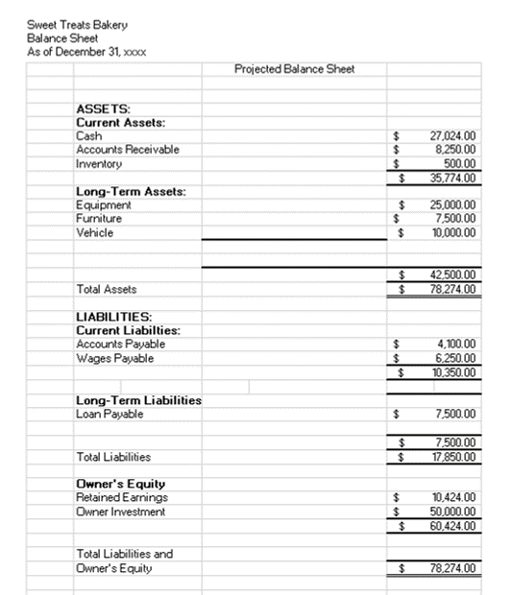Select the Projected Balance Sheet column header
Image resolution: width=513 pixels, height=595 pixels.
294,68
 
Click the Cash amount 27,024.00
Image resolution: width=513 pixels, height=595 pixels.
456,136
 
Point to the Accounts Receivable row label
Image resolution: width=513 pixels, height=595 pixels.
127,150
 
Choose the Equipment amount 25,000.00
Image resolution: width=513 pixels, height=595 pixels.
456,204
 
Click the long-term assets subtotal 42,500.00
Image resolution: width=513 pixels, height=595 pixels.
456,275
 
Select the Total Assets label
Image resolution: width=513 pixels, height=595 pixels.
106,289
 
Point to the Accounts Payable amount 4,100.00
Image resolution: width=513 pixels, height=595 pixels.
458,344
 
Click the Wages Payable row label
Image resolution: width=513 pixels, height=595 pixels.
114,358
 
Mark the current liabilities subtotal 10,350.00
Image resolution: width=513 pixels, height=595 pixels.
456,371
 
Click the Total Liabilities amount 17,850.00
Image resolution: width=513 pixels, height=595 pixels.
456,457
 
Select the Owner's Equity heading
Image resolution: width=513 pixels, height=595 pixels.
120,484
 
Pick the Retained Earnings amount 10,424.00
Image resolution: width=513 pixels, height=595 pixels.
456,498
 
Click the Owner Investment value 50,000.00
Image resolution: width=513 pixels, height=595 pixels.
456,512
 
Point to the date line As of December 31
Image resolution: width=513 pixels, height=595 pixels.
87,50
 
